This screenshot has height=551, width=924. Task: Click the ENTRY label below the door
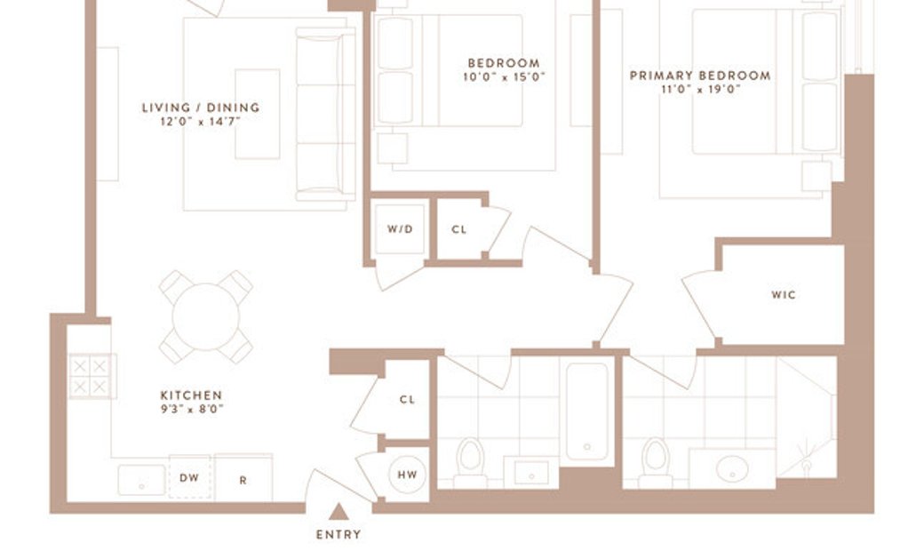339,534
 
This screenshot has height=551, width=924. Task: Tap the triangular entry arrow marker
339,512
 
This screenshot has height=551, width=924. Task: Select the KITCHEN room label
192,395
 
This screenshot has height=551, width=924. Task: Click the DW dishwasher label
189,478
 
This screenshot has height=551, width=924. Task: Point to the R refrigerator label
243,480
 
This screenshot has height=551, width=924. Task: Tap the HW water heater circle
407,475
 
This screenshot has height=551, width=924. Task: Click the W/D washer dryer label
400,229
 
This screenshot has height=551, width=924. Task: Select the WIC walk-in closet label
784,295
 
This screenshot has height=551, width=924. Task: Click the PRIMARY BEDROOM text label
700,76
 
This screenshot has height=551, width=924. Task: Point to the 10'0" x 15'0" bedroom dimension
504,76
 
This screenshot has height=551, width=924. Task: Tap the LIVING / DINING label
201,108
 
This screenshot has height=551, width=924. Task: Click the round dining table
205,316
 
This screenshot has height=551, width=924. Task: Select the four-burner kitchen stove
92,376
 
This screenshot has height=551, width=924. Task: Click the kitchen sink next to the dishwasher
141,480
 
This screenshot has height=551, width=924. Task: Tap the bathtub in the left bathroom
586,411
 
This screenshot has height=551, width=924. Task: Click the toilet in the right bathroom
656,463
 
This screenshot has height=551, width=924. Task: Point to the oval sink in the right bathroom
732,469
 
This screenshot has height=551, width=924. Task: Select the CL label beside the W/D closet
459,230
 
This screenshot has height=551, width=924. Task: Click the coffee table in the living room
258,114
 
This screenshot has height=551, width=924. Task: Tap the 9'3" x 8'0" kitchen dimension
192,409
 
